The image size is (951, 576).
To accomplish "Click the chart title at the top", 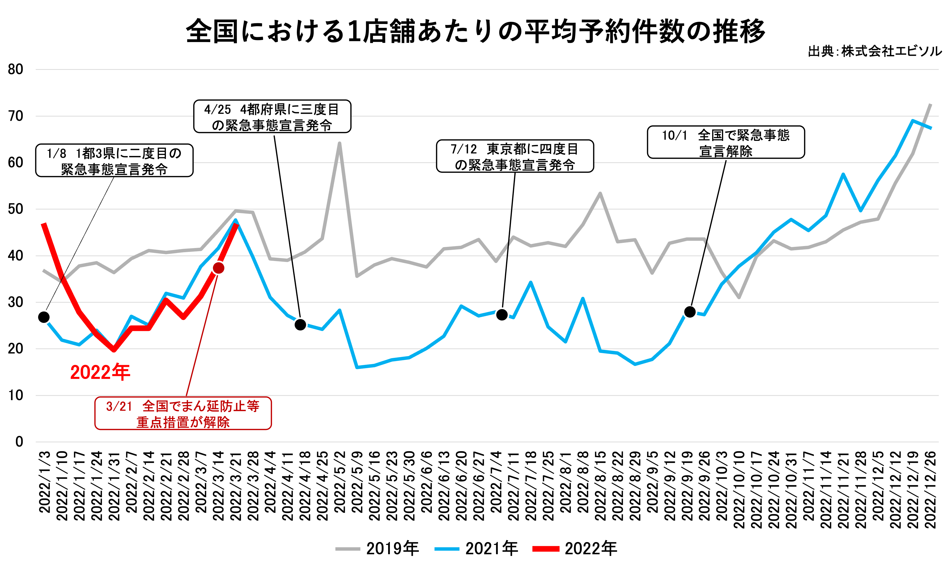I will pyautogui.click(x=475, y=31).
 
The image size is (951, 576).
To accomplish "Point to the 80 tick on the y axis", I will pyautogui.click(x=15, y=69).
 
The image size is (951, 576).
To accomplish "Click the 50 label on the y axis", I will pyautogui.click(x=15, y=209).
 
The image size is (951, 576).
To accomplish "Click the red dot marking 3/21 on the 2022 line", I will pyautogui.click(x=219, y=268).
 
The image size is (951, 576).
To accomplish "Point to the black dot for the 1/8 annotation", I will pyautogui.click(x=44, y=317).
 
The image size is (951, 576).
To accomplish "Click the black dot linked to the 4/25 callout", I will pyautogui.click(x=300, y=325).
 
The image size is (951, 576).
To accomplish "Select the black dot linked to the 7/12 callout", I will pyautogui.click(x=502, y=315).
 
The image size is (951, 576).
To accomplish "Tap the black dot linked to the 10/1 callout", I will pyautogui.click(x=690, y=312).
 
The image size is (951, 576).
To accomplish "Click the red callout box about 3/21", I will pyautogui.click(x=183, y=413).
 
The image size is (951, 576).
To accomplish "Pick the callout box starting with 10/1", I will pyautogui.click(x=726, y=142).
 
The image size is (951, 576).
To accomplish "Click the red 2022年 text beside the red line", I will pyautogui.click(x=100, y=372).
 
